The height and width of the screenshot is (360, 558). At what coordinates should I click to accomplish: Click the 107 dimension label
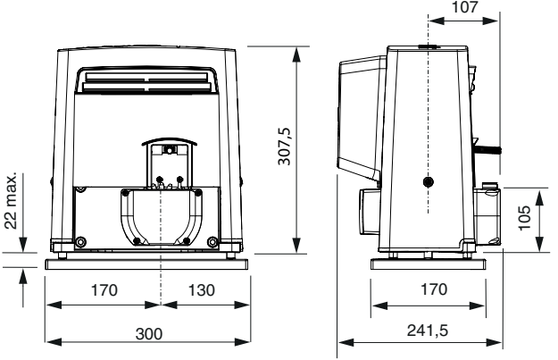(x=465, y=7)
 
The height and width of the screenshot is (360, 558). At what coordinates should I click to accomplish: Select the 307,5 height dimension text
(x=285, y=146)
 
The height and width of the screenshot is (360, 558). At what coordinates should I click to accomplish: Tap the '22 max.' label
(x=11, y=201)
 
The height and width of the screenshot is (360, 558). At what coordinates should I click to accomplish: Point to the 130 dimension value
(x=202, y=290)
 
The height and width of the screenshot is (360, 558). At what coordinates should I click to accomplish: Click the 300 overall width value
(x=149, y=334)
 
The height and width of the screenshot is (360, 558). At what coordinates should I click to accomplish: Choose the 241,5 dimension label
(x=428, y=331)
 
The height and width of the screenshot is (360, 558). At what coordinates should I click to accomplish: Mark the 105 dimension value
(x=524, y=218)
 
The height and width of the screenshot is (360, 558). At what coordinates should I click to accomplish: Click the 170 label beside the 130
(x=104, y=290)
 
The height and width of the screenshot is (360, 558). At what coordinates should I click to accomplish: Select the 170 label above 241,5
(x=434, y=289)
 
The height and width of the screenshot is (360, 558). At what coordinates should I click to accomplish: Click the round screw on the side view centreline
(x=429, y=182)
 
